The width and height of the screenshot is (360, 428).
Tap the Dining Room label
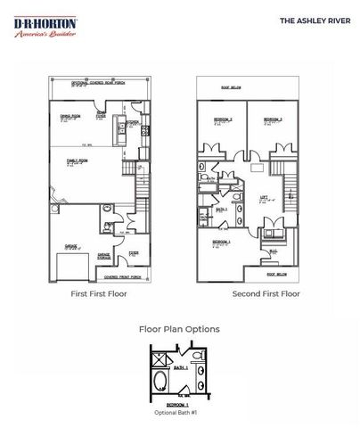click(69, 116)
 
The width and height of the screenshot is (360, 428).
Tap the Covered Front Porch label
click(123, 277)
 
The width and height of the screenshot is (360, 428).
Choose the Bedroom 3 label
click(272, 119)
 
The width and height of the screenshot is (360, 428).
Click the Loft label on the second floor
click(265, 199)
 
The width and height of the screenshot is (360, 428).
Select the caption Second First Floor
click(266, 293)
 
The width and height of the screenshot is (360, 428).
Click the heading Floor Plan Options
click(179, 329)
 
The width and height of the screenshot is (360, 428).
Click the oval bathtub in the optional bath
click(161, 379)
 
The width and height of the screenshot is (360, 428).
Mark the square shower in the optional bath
click(161, 358)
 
